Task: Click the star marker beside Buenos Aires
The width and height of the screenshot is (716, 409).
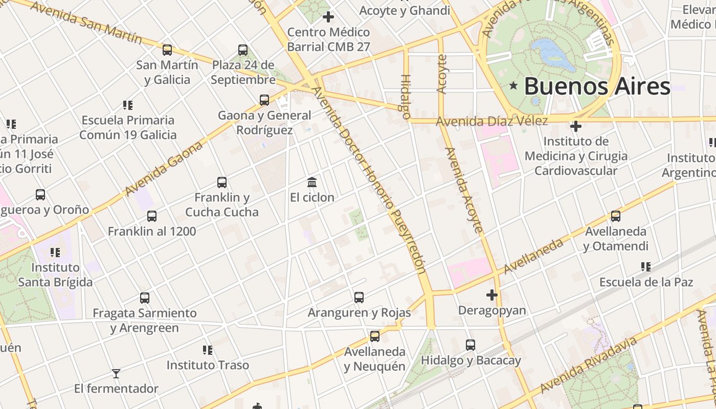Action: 513,86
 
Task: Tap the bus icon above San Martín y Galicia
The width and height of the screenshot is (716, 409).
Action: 167,50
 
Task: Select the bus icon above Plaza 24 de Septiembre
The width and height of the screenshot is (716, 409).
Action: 243,50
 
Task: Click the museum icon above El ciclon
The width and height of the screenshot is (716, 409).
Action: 312,182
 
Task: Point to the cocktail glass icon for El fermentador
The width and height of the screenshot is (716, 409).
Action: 116,374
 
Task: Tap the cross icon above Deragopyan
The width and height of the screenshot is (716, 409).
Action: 492,295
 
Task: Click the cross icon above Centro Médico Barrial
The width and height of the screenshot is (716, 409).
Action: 328,17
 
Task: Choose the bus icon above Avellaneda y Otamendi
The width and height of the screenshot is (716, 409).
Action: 616,216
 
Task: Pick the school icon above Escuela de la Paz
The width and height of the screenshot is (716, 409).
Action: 646,267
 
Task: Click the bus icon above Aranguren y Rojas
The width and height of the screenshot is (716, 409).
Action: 359,297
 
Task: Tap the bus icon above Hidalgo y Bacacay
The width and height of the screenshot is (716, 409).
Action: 471,345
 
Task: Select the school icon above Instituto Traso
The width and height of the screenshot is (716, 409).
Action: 208,350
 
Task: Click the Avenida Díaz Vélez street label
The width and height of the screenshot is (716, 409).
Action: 491,121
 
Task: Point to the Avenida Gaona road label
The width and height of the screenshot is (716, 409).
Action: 164,168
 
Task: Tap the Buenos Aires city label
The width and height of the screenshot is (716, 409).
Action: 597,86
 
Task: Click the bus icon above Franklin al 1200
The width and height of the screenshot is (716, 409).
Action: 152,216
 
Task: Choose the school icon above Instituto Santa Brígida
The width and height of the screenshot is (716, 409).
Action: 55,253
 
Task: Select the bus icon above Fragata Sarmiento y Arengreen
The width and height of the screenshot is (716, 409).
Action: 145,298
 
